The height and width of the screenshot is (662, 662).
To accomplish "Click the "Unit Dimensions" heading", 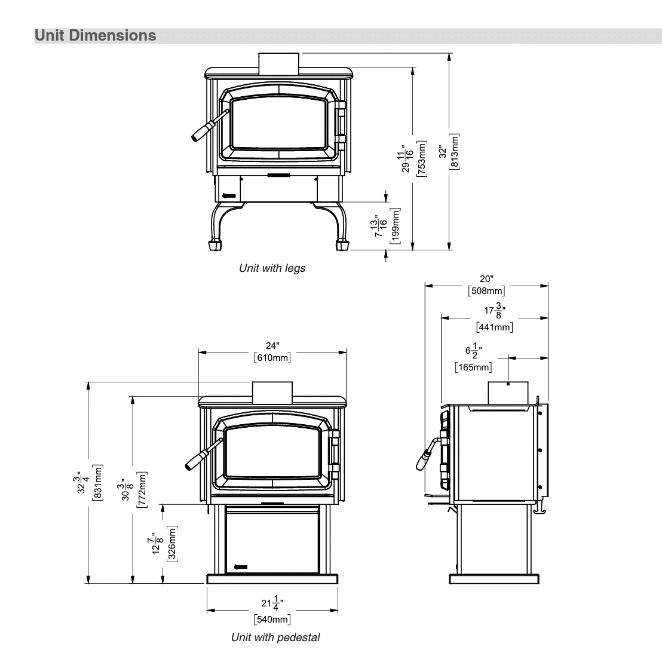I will [x=96, y=35].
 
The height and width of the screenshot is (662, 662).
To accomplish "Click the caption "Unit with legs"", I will [x=272, y=268].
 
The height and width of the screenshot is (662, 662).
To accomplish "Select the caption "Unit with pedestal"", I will [x=275, y=638].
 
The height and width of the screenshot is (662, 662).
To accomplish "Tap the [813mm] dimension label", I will [x=455, y=151].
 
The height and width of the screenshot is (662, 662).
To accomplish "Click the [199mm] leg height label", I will [x=396, y=226].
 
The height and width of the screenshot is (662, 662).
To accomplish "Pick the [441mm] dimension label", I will [x=494, y=327].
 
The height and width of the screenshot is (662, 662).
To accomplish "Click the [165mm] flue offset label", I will [x=473, y=367].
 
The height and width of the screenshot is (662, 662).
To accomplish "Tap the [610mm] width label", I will [x=272, y=358].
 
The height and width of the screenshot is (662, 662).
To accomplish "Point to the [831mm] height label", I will [x=98, y=482].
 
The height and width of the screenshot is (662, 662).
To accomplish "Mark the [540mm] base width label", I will [x=272, y=619].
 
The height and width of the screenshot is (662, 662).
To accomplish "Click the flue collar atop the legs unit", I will [x=278, y=63].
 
